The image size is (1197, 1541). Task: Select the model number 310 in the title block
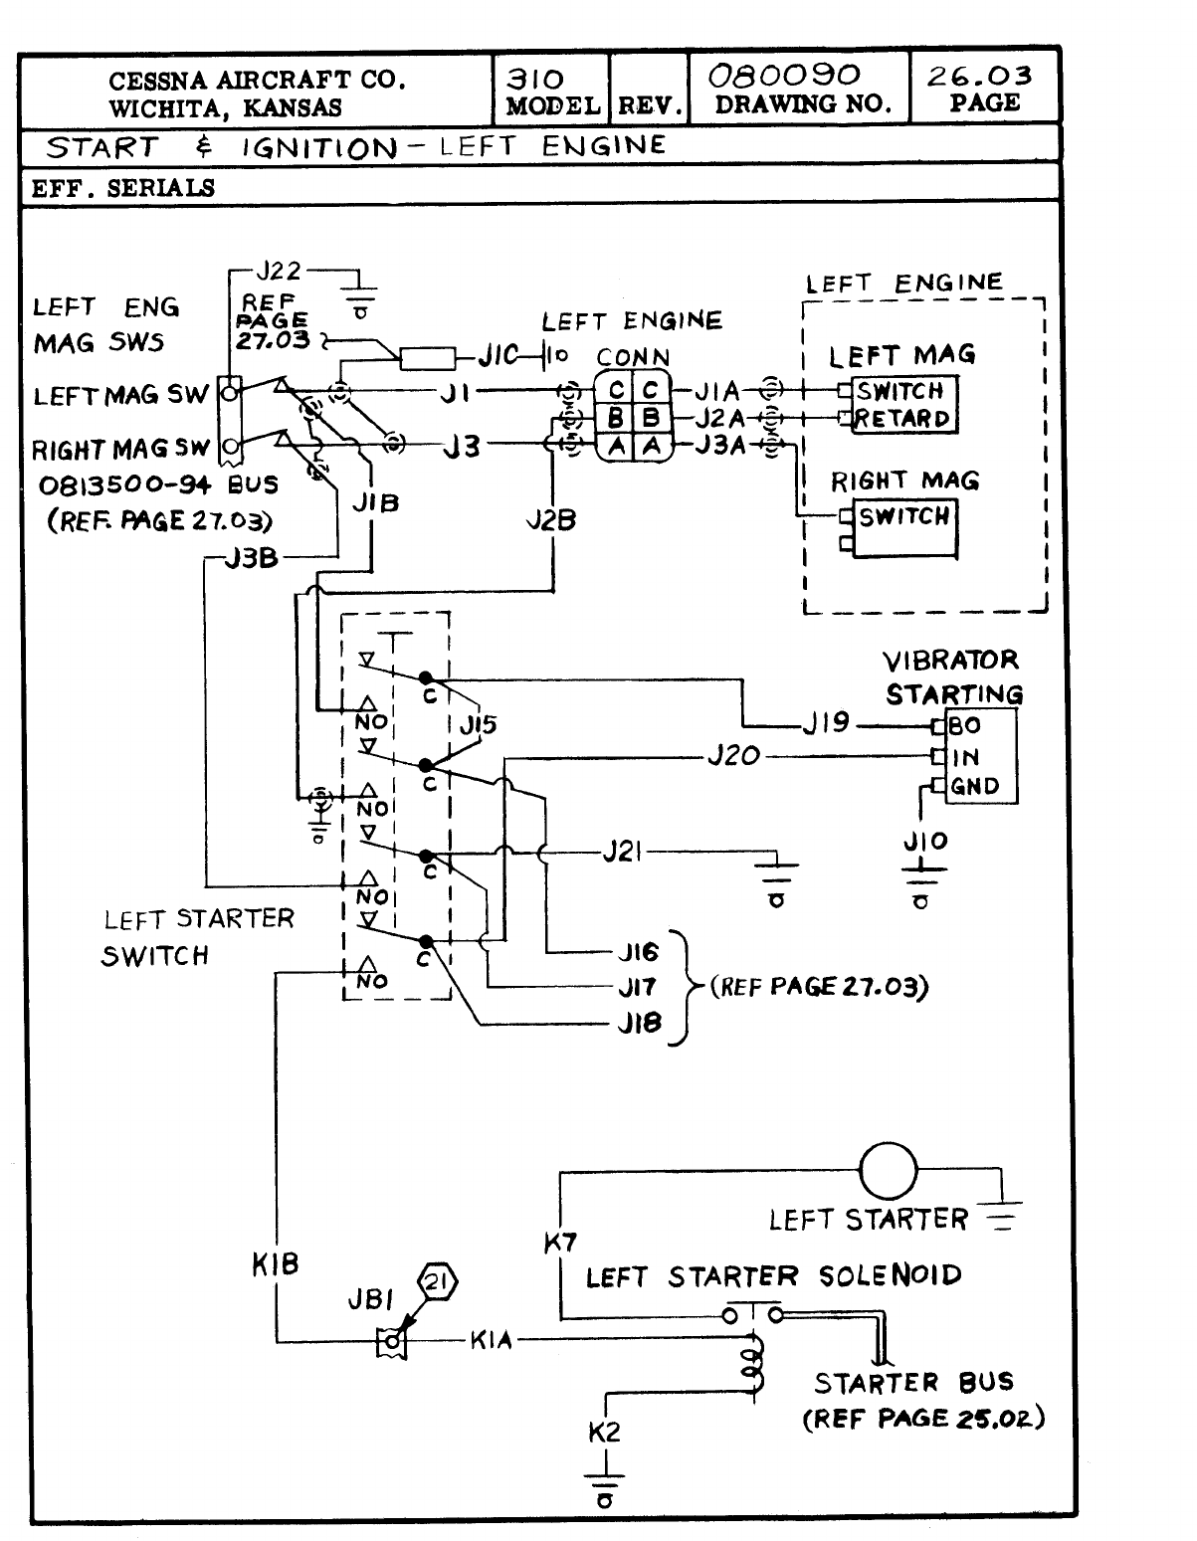[535, 80]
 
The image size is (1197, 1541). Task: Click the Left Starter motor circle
[888, 1170]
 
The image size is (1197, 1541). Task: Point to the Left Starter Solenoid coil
[754, 1363]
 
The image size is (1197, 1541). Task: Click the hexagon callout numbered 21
[436, 1283]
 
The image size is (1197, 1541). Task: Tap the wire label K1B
[276, 1265]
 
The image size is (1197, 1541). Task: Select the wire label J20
[733, 757]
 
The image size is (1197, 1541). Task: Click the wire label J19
[827, 723]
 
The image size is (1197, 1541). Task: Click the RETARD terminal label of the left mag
[903, 419]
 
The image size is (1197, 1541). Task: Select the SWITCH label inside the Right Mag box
[903, 516]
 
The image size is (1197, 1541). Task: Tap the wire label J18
[639, 1022]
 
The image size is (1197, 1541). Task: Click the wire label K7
[560, 1242]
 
